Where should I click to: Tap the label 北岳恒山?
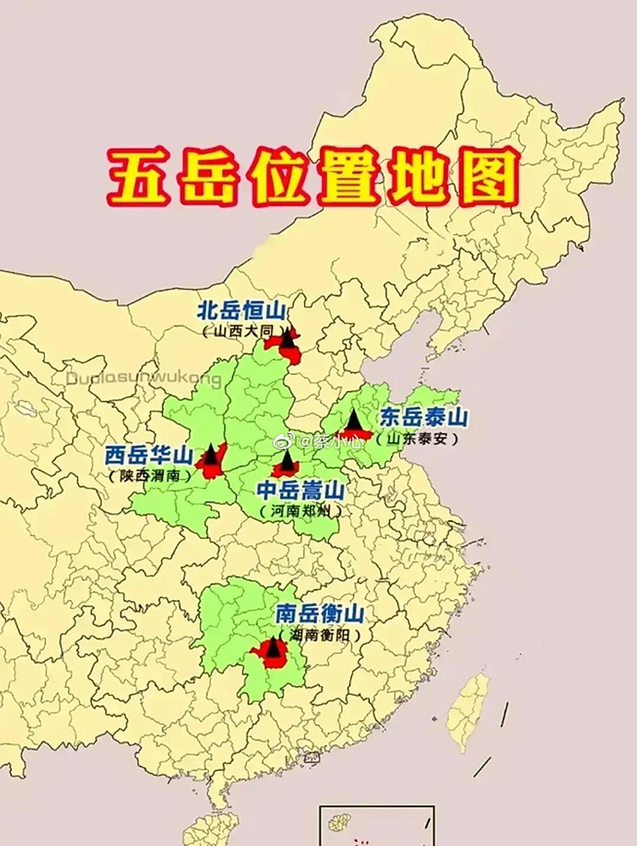point(241,311)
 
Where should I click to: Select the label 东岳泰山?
point(424,418)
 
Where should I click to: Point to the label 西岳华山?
point(149,455)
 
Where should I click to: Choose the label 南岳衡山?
point(320,615)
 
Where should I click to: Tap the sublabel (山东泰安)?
point(416,438)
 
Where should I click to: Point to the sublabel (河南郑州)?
point(301,511)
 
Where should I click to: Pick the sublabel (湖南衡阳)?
point(320,635)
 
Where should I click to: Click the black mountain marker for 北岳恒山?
point(287,339)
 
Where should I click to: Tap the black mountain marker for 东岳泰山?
point(353,420)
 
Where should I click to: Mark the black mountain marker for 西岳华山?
point(211,455)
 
